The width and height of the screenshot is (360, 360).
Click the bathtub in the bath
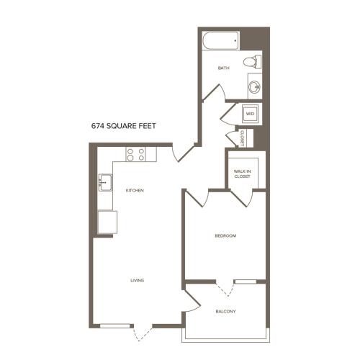click(x=221, y=40)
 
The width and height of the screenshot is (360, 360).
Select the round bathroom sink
click(x=254, y=86)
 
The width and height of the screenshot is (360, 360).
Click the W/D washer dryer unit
click(x=250, y=114)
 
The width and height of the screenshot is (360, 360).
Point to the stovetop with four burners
click(x=136, y=154)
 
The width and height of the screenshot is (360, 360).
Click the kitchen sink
click(x=105, y=182)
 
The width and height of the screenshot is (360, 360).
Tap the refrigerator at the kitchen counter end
click(x=107, y=222)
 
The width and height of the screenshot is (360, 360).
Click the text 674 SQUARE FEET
click(x=124, y=126)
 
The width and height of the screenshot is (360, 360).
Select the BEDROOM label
click(x=225, y=235)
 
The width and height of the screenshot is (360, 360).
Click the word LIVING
click(x=137, y=280)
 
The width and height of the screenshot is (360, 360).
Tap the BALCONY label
click(x=225, y=312)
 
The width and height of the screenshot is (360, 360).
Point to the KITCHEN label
click(x=135, y=191)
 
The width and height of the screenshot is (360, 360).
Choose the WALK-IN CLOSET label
click(x=242, y=174)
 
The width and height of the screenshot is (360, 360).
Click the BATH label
click(x=223, y=68)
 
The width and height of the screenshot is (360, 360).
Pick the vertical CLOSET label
click(x=242, y=138)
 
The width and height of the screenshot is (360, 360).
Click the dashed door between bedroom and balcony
click(x=225, y=289)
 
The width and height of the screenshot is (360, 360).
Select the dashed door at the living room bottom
click(x=143, y=333)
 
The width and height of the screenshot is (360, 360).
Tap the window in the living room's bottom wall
click(x=114, y=326)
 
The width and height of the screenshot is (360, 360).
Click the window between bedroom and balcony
click(x=246, y=282)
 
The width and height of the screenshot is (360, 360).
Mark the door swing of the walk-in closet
click(x=243, y=198)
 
